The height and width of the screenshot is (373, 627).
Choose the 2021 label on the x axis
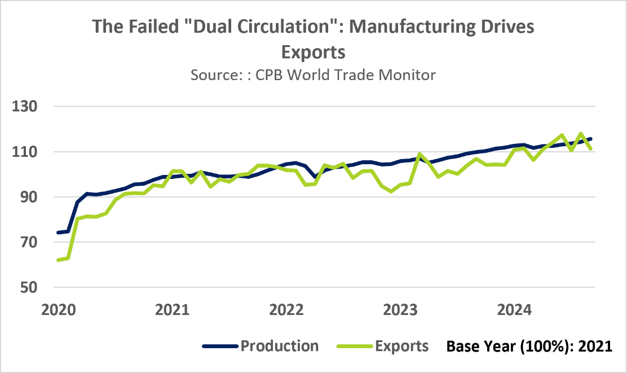click(x=171, y=310)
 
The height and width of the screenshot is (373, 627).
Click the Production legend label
click(x=279, y=345)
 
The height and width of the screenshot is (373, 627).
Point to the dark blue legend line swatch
click(x=219, y=346)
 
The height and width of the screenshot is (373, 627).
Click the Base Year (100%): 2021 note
click(x=529, y=346)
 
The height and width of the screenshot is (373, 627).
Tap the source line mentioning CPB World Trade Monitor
click(x=313, y=74)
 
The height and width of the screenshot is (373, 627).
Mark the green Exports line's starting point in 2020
click(x=58, y=260)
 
